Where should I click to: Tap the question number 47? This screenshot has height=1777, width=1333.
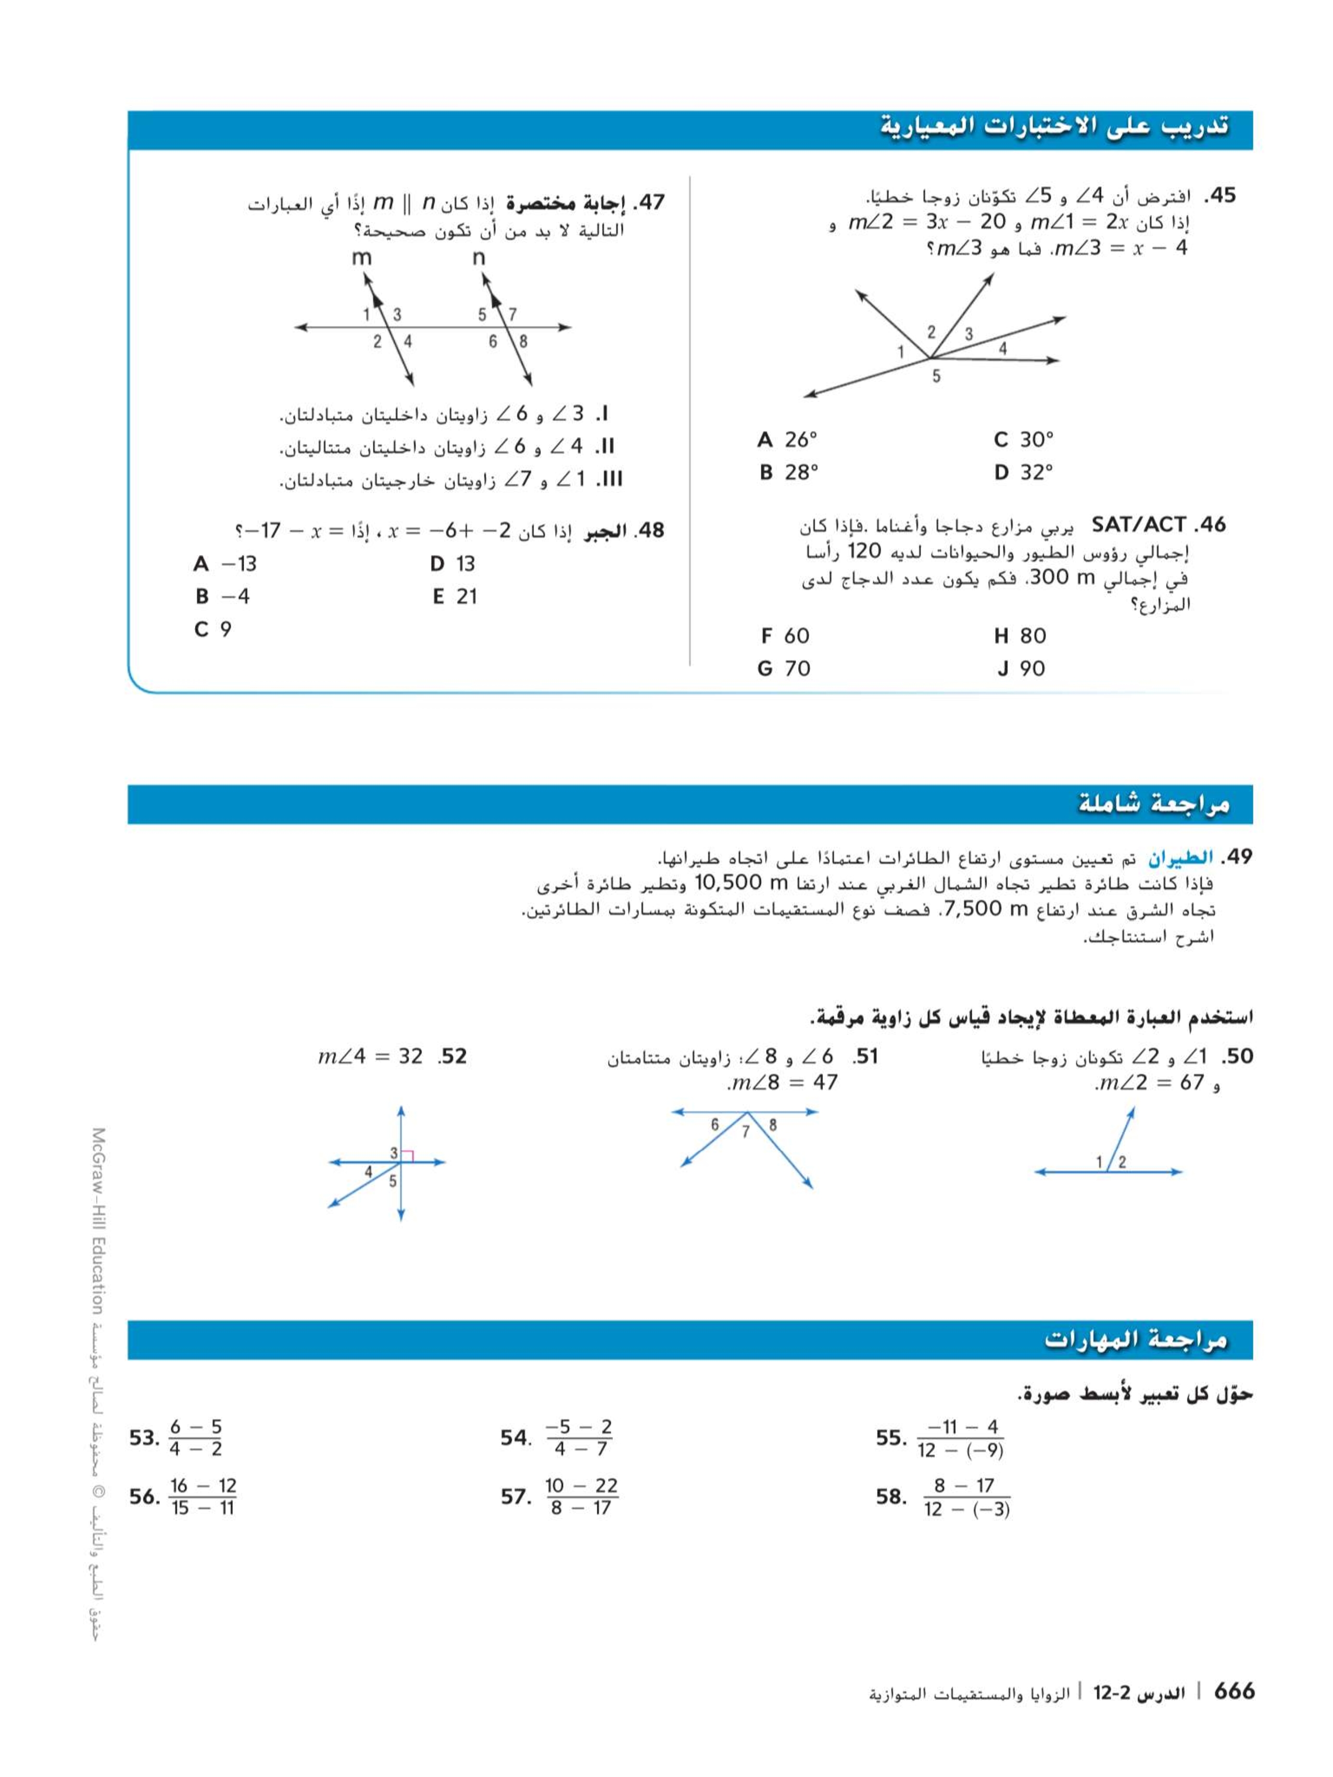tap(649, 203)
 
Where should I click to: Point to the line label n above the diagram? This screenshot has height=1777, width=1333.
tap(479, 258)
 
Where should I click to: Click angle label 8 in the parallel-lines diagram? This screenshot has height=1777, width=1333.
tap(523, 342)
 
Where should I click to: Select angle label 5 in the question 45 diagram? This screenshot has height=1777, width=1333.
tap(936, 376)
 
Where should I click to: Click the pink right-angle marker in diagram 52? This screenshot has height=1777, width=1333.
tap(407, 1156)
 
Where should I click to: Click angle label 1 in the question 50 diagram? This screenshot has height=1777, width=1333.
tap(1099, 1162)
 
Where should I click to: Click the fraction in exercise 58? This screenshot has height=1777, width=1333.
tap(966, 1497)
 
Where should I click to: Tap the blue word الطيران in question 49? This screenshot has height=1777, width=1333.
tap(1176, 858)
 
